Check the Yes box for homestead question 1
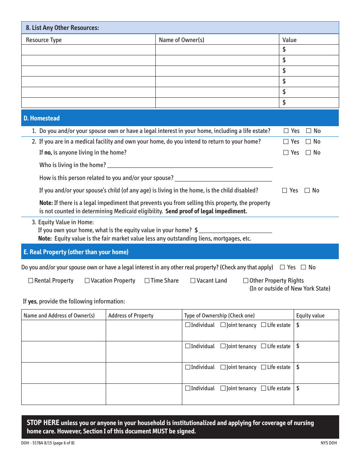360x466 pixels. (286, 131)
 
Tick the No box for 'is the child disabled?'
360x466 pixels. (307, 191)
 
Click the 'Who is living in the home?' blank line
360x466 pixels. (189, 165)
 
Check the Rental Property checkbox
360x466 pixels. (31, 281)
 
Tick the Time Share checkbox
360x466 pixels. (147, 281)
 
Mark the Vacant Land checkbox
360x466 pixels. (193, 281)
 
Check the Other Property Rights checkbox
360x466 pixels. (246, 281)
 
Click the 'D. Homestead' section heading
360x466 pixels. (42, 118)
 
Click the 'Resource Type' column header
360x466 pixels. (44, 40)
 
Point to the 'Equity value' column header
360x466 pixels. (310, 316)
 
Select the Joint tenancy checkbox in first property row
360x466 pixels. (223, 325)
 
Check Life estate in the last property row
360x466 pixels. (263, 388)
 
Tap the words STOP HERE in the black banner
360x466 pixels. (43, 423)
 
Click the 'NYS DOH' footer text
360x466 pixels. (328, 443)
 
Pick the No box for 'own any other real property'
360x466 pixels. (303, 267)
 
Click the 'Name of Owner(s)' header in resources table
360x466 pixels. (182, 40)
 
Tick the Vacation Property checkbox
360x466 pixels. (87, 281)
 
